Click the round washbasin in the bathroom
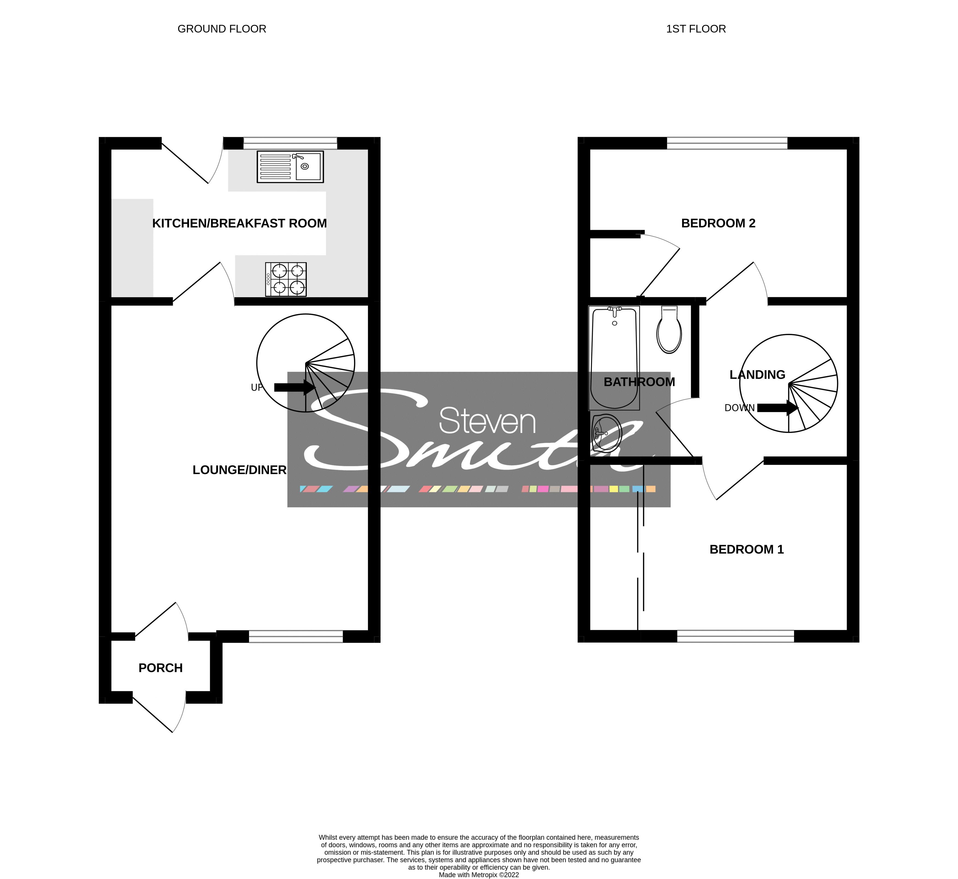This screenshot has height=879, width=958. pos(607,432)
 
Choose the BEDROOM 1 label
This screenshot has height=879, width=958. pos(747,549)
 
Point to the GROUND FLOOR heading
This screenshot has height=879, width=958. pos(222,29)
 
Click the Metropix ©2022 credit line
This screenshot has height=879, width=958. pos(479,875)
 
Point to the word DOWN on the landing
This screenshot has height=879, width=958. pos(739,408)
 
